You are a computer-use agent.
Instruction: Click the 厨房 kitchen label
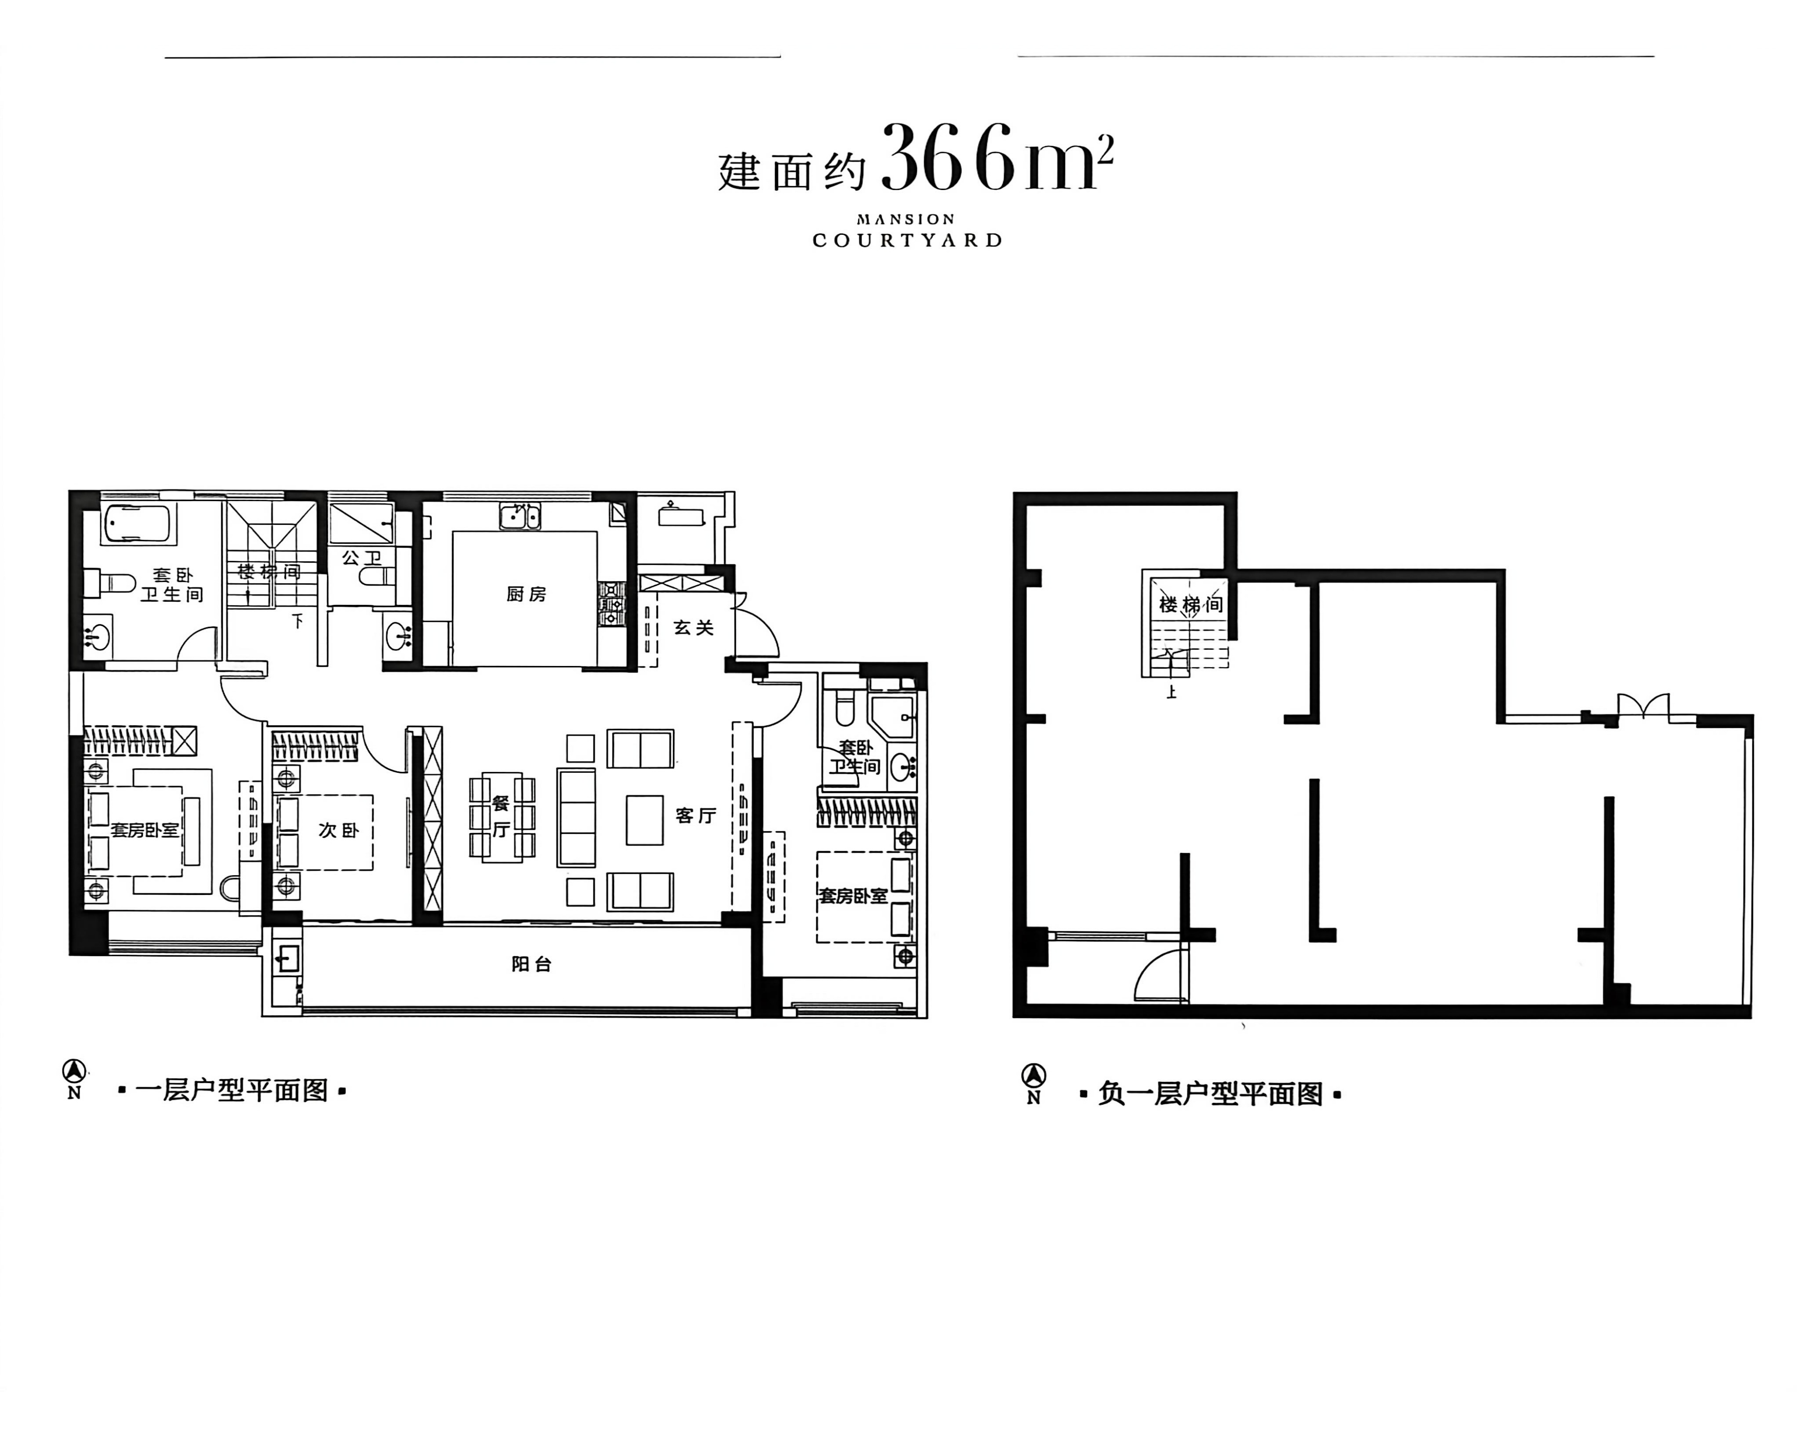click(x=526, y=594)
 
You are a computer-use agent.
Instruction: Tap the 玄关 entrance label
click(x=694, y=627)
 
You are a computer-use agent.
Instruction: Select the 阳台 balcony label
click(x=532, y=964)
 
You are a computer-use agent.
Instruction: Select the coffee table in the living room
click(x=644, y=820)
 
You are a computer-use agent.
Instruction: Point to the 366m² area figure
click(x=997, y=158)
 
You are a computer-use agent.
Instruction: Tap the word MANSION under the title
click(x=906, y=219)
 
